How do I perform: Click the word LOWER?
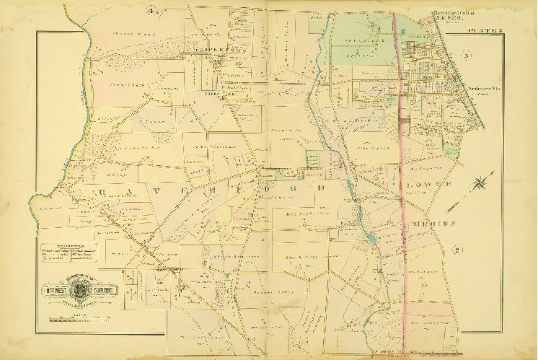pos(433,184)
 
